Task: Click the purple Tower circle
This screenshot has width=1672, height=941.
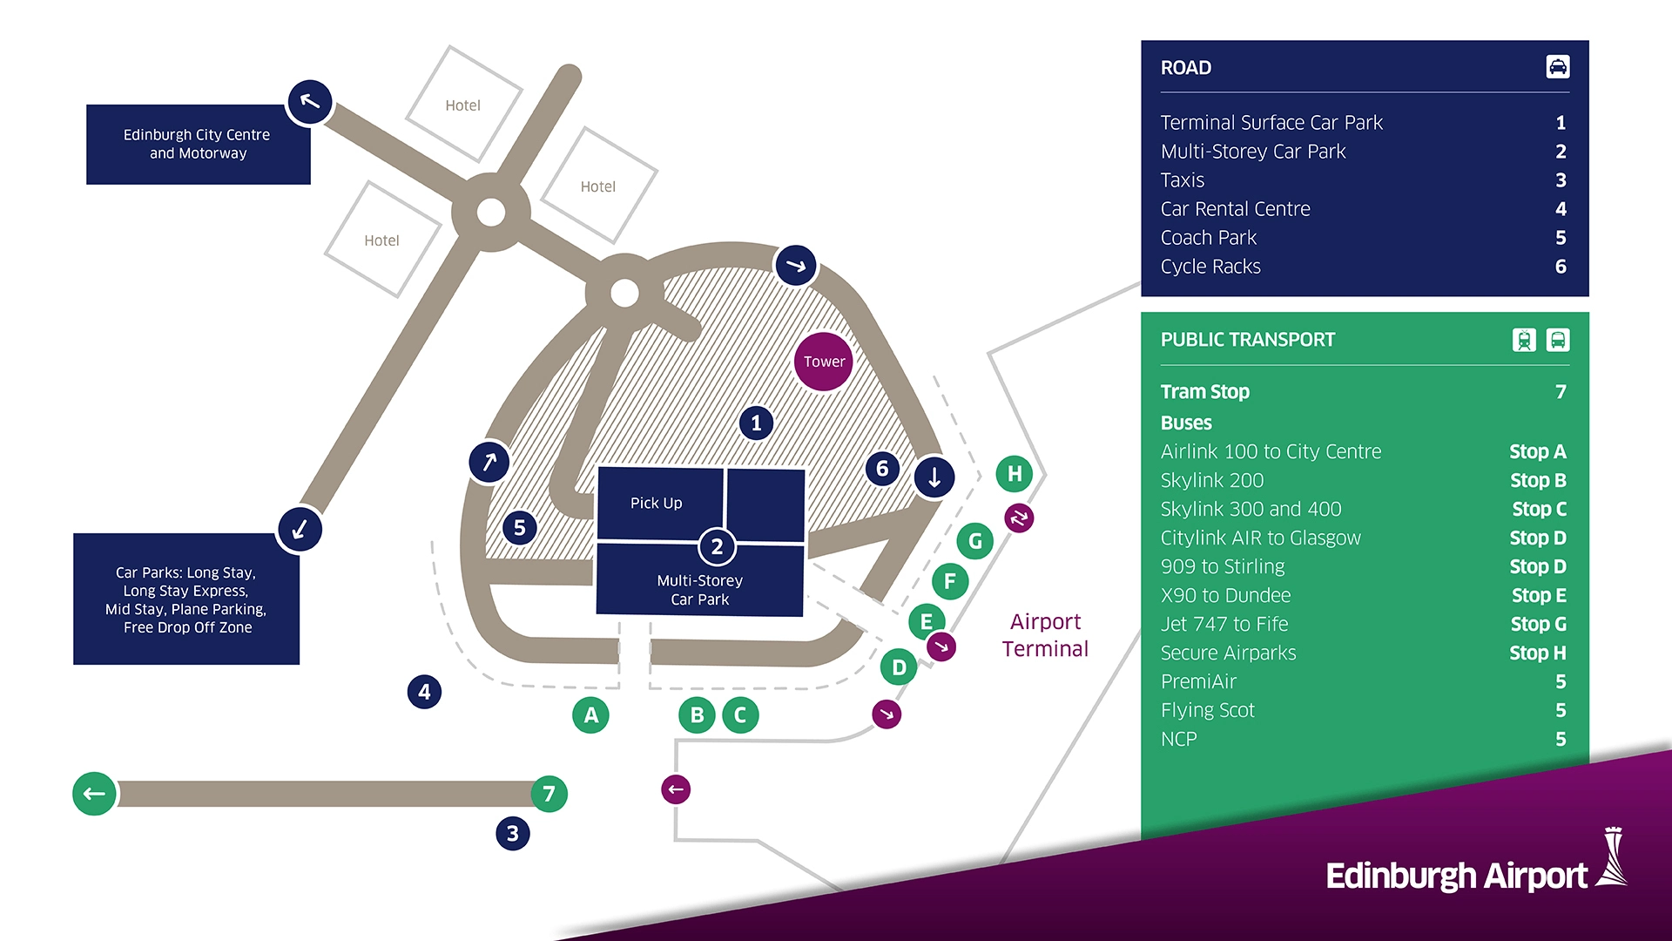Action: pyautogui.click(x=824, y=362)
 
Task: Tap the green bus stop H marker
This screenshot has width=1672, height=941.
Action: pyautogui.click(x=1015, y=474)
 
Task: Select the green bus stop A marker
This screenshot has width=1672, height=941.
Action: pyautogui.click(x=591, y=715)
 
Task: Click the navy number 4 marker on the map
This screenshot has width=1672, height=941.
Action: pyautogui.click(x=424, y=692)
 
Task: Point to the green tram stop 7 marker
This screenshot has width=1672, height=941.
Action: pyautogui.click(x=549, y=794)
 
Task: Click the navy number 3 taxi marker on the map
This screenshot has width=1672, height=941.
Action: pyautogui.click(x=513, y=834)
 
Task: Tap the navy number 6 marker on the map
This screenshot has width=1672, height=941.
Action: pyautogui.click(x=882, y=469)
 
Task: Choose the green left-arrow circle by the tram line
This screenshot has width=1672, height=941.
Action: pyautogui.click(x=94, y=794)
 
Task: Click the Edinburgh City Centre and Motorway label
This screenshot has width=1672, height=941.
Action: pyautogui.click(x=198, y=144)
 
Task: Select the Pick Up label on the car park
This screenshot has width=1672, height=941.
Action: pyautogui.click(x=657, y=503)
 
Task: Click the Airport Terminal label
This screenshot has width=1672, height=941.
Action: pyautogui.click(x=1045, y=635)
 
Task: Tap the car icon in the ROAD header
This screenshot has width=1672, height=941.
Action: pyautogui.click(x=1558, y=67)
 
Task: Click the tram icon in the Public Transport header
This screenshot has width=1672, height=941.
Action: pyautogui.click(x=1524, y=340)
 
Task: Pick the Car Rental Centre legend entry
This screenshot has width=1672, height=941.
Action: pyautogui.click(x=1235, y=209)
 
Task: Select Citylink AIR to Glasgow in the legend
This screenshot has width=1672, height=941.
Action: pyautogui.click(x=1260, y=538)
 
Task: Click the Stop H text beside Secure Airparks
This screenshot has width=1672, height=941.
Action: pyautogui.click(x=1537, y=653)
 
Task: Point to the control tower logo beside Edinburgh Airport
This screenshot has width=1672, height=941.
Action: pyautogui.click(x=1612, y=858)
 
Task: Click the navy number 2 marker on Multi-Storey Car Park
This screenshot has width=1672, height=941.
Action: pyautogui.click(x=717, y=547)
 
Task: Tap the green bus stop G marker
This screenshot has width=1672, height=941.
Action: pyautogui.click(x=975, y=541)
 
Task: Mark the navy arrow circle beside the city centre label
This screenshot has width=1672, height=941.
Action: pyautogui.click(x=310, y=102)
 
